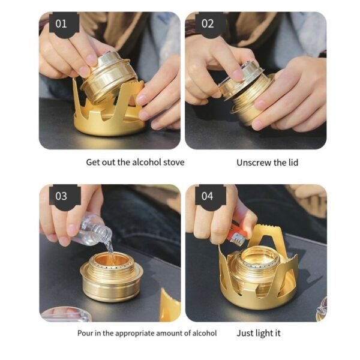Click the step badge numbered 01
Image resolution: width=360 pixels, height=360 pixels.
pyautogui.click(x=62, y=24)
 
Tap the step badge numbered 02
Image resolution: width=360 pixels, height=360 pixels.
pyautogui.click(x=208, y=24)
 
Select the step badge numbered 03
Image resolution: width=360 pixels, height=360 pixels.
pyautogui.click(x=62, y=196)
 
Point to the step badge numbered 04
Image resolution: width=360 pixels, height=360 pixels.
pyautogui.click(x=208, y=196)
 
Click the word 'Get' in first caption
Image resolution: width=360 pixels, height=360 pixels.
pyautogui.click(x=93, y=162)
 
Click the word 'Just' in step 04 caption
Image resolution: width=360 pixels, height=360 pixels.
pyautogui.click(x=245, y=333)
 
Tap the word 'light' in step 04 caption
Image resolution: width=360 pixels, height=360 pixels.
pyautogui.click(x=265, y=333)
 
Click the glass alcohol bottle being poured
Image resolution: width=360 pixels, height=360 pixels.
pyautogui.click(x=90, y=232)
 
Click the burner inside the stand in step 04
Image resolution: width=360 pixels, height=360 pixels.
pyautogui.click(x=259, y=267)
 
